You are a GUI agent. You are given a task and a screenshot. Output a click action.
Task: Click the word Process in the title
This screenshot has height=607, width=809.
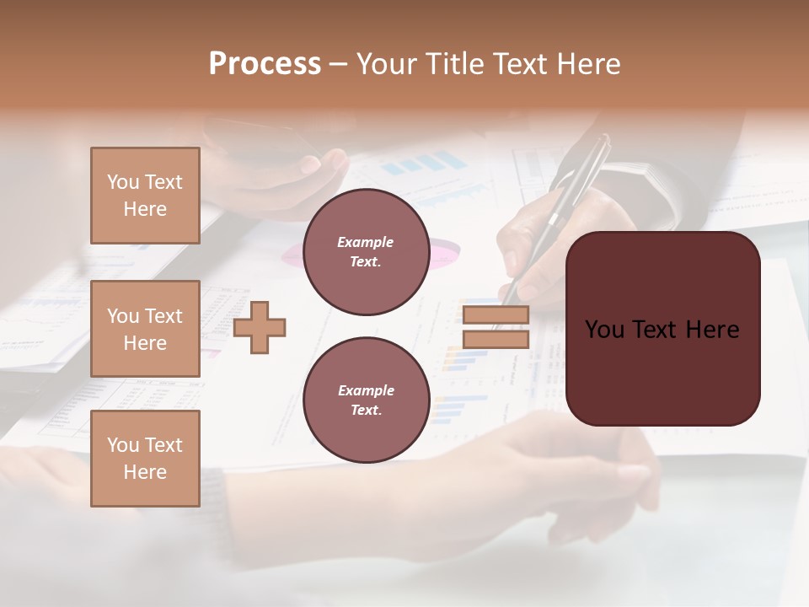coord(265,64)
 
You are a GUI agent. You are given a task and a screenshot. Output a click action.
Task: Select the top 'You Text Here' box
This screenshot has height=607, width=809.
coord(145,196)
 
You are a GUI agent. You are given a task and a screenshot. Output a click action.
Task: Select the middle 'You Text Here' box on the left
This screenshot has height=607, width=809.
coord(145,329)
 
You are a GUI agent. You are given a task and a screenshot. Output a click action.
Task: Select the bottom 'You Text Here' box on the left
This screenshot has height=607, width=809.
coord(145,458)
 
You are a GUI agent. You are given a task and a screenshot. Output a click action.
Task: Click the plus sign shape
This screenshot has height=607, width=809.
coord(260,327)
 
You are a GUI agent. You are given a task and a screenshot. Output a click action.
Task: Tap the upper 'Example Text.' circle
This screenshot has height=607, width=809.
coord(366,252)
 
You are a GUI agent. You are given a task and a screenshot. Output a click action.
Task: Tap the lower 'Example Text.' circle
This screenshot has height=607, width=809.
coord(366,400)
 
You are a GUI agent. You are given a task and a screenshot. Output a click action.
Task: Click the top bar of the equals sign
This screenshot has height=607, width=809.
coord(496,315)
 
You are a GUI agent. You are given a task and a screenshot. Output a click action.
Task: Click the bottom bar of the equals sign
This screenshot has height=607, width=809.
coord(496,339)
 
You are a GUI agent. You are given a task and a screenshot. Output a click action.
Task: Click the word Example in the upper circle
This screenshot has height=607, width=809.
coord(366,242)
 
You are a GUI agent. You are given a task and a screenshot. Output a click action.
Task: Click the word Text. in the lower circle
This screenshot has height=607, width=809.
coord(366,411)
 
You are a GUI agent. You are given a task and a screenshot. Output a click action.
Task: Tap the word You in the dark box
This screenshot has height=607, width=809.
coord(604,330)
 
